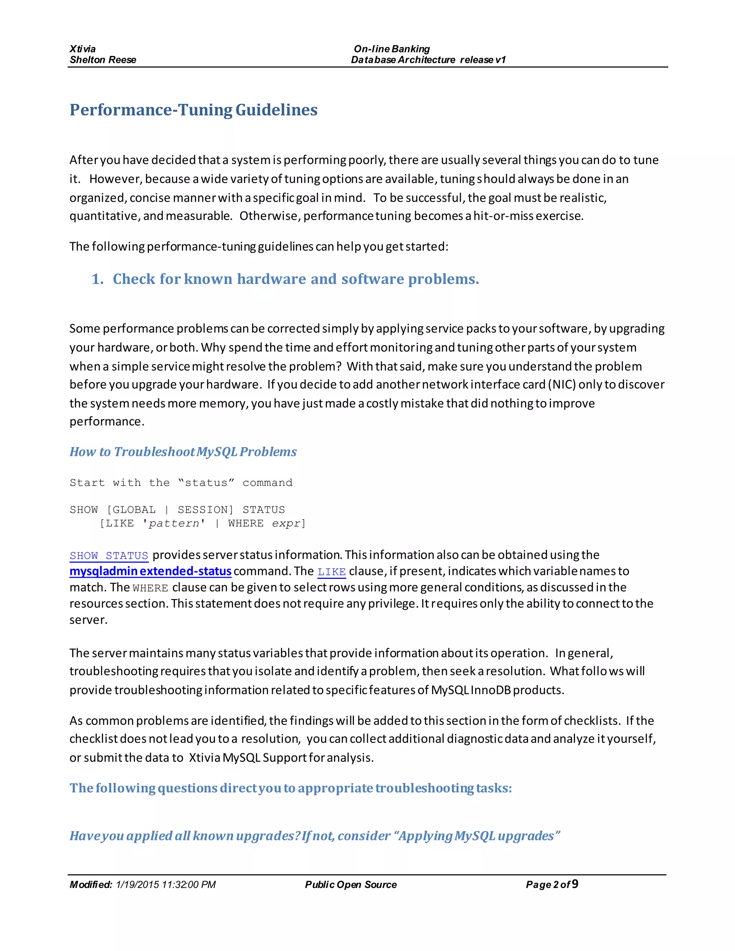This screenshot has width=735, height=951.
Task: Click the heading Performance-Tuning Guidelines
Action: (x=193, y=110)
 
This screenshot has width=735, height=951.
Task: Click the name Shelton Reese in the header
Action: (x=103, y=60)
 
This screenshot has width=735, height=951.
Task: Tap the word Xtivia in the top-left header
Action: (x=82, y=49)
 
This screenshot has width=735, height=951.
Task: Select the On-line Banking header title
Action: (x=392, y=49)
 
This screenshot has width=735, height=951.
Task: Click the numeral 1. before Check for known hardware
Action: (x=97, y=279)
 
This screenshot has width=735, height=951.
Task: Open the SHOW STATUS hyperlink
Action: (x=109, y=556)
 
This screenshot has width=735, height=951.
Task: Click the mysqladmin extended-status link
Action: (x=150, y=571)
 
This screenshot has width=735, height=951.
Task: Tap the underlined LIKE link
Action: (x=331, y=572)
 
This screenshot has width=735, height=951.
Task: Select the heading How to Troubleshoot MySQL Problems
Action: (x=183, y=451)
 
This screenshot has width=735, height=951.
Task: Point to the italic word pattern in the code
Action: (x=174, y=523)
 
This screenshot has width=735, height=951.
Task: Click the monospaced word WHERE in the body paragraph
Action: (x=150, y=588)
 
